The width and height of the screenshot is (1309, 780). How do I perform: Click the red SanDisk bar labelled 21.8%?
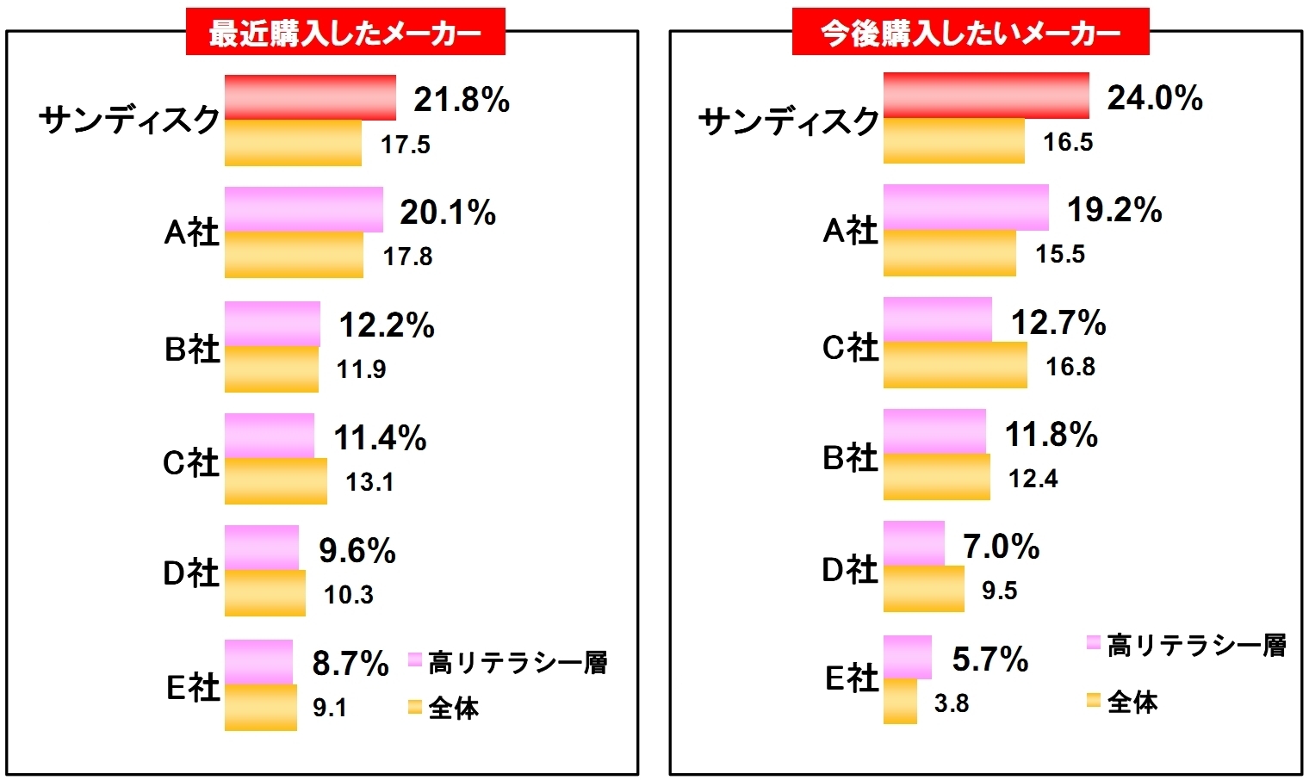point(310,97)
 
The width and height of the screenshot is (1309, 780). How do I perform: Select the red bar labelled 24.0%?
point(985,96)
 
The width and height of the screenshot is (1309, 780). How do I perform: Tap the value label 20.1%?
point(448,213)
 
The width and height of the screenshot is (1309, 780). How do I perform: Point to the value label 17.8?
point(407,257)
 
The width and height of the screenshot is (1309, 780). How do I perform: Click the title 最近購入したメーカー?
point(345,33)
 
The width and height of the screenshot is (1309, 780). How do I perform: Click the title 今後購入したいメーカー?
point(971,33)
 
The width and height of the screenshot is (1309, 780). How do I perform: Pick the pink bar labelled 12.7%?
point(937,319)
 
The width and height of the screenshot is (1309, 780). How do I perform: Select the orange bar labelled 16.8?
point(955,365)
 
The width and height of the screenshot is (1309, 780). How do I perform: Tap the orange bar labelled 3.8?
point(900,702)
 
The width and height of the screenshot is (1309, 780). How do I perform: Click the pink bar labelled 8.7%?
point(258,662)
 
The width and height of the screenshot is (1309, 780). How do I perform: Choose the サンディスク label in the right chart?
point(788,121)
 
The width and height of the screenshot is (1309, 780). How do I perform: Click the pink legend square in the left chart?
point(414,660)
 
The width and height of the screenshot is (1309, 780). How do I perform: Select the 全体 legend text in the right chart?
point(1132,702)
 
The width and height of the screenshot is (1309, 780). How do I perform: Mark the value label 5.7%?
point(990,660)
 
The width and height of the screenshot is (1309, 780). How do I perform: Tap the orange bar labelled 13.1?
point(276,481)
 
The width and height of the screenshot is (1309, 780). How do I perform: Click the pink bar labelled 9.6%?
point(262,548)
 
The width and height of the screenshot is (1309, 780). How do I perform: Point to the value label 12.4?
point(1033,478)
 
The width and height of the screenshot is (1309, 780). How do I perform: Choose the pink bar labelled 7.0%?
point(914,543)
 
